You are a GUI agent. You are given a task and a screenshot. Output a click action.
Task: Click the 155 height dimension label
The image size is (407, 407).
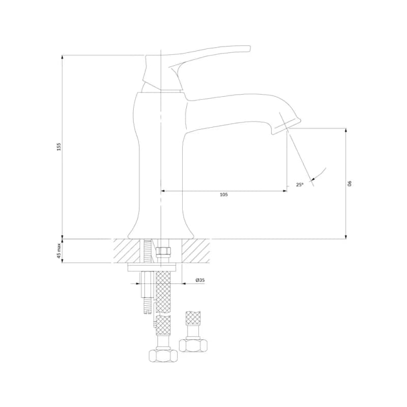(x=59, y=147)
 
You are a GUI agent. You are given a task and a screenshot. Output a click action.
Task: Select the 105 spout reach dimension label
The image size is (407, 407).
(x=224, y=194)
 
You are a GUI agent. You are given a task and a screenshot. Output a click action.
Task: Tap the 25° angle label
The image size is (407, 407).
(x=300, y=185)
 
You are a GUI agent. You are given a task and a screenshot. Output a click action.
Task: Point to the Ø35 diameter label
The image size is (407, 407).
(x=200, y=280)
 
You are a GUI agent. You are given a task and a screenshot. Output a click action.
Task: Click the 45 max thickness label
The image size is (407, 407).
(x=59, y=251)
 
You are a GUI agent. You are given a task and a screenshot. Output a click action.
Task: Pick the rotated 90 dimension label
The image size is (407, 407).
(x=350, y=183)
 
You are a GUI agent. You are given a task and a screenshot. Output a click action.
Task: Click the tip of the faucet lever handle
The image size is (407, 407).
(x=249, y=48)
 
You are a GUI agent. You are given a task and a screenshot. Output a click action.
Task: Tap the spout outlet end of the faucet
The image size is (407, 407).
(x=286, y=127)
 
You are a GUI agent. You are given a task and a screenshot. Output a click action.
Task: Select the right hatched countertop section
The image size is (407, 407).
(x=195, y=251)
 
